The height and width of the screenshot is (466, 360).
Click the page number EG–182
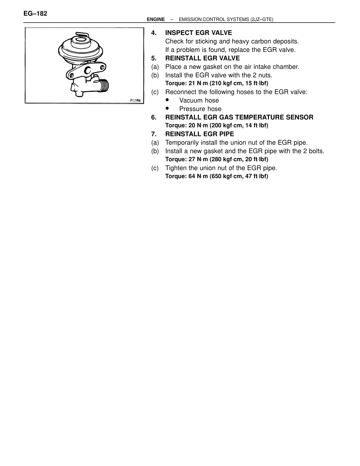(35, 14)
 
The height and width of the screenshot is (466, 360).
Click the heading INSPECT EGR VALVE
(198, 33)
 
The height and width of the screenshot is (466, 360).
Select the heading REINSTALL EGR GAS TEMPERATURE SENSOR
(239, 117)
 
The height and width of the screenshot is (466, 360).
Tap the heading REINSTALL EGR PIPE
(199, 134)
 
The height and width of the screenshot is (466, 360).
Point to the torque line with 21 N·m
(217, 83)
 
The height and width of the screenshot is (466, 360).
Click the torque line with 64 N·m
(217, 176)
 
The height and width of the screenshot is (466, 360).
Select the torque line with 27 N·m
(217, 160)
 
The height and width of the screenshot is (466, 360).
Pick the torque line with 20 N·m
(217, 126)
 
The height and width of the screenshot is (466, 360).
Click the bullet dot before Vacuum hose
(168, 100)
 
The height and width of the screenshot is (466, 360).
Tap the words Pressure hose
(200, 109)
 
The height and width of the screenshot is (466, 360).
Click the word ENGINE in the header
(156, 19)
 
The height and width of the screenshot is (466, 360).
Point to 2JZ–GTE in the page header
(262, 19)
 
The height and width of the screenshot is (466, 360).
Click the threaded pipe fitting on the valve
(104, 85)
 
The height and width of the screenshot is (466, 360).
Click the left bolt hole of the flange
(72, 75)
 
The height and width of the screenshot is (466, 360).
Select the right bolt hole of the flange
(102, 67)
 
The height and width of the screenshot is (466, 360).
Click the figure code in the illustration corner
(135, 100)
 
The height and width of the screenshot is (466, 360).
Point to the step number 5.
(153, 58)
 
